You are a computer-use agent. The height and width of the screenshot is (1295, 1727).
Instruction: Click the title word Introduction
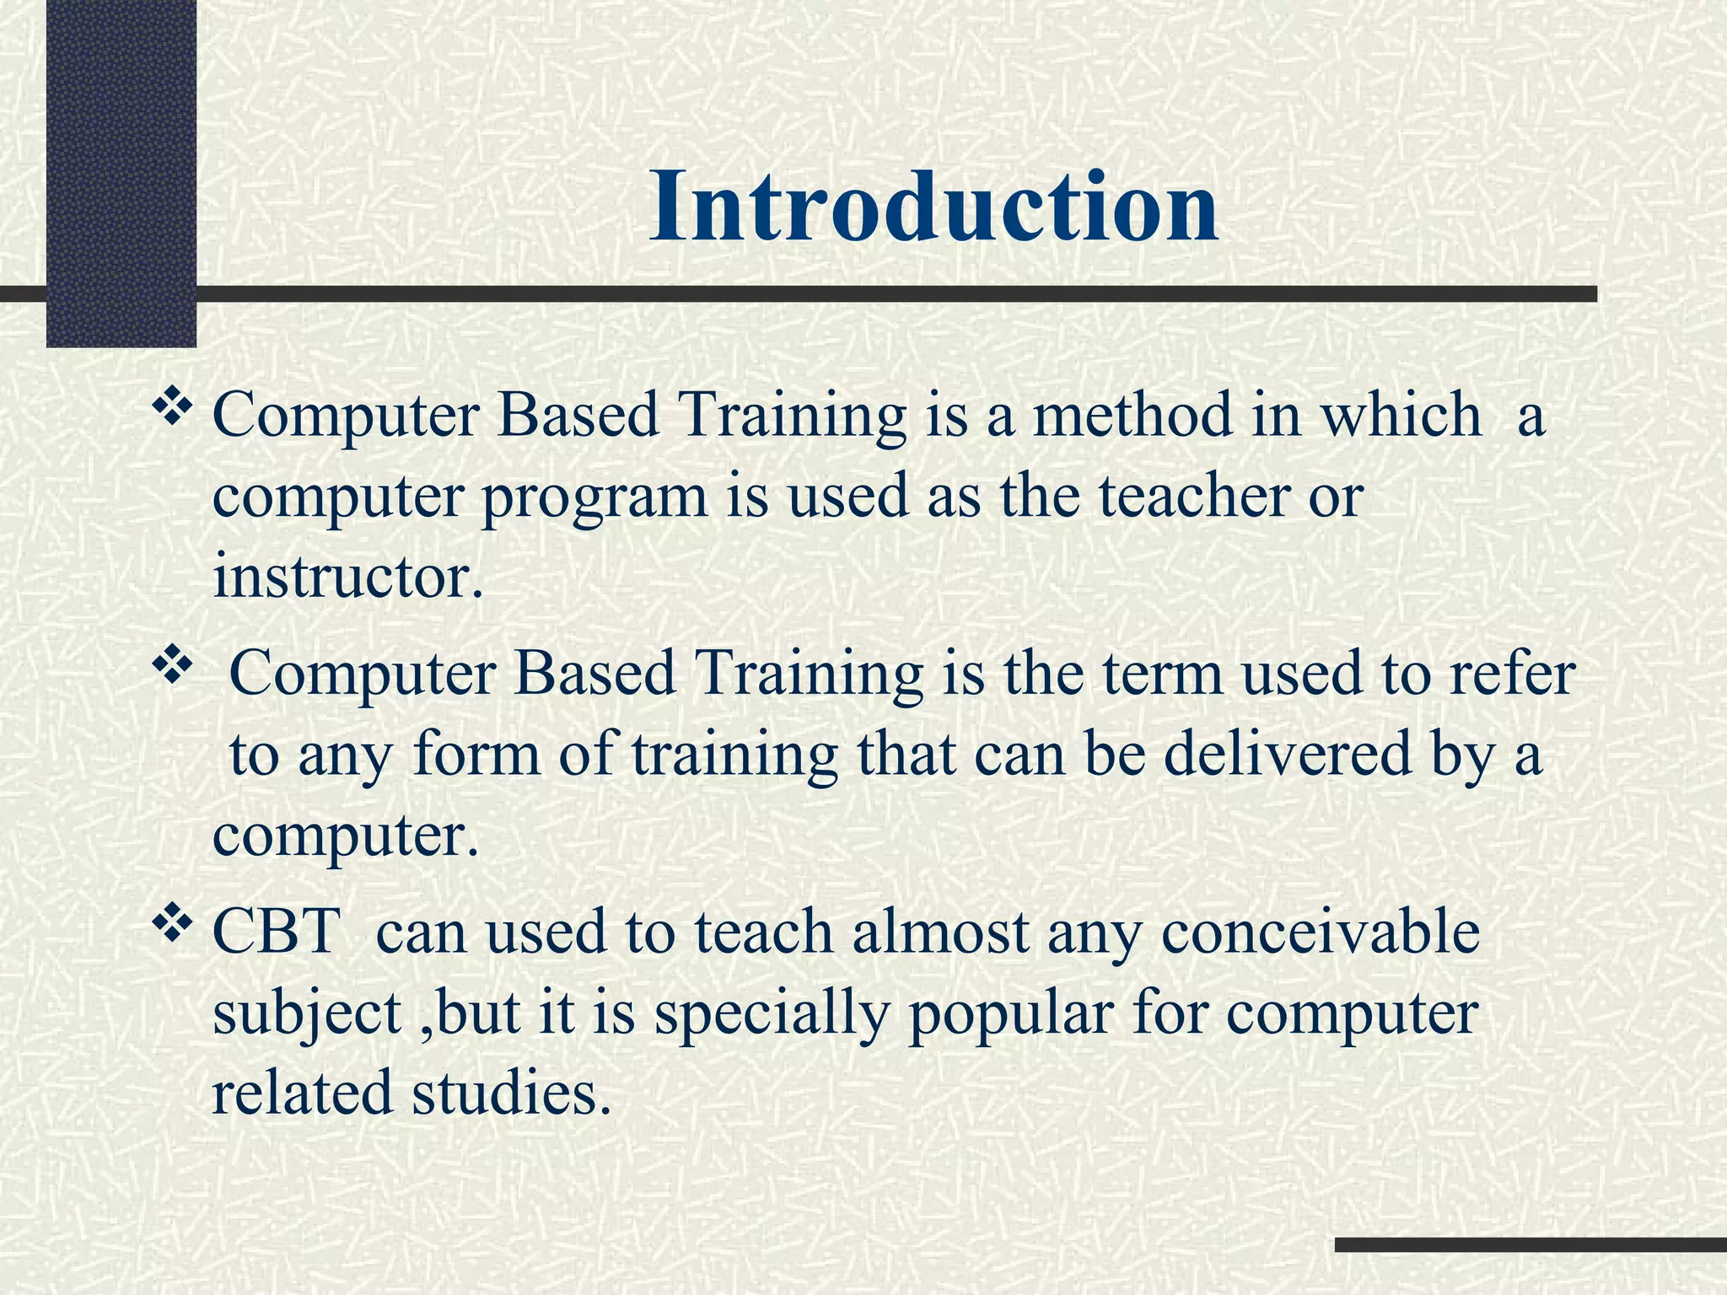pyautogui.click(x=933, y=207)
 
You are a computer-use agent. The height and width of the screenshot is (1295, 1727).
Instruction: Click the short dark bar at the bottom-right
pyautogui.click(x=1530, y=1244)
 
